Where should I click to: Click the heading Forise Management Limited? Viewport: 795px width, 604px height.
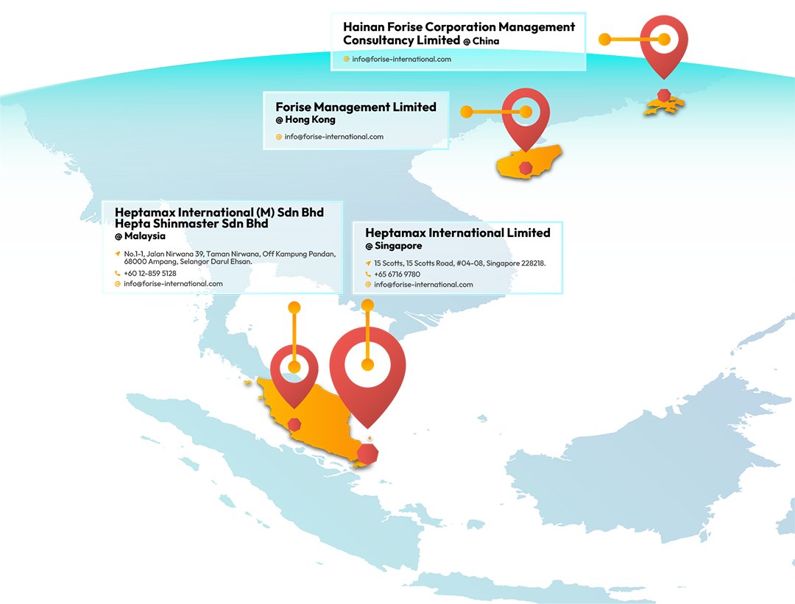click(356, 107)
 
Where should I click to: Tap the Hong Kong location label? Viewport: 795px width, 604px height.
click(305, 120)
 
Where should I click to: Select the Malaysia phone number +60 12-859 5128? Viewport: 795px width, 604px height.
click(150, 274)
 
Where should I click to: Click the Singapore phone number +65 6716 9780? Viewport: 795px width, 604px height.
click(397, 274)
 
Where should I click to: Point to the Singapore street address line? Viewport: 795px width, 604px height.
click(459, 263)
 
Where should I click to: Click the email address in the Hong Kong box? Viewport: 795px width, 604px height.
click(333, 137)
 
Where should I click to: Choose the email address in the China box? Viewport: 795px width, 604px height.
click(401, 59)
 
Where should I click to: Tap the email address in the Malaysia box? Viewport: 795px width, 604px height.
click(173, 284)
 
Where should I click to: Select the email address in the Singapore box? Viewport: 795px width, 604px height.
click(423, 285)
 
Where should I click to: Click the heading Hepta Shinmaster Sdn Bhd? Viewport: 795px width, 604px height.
click(191, 224)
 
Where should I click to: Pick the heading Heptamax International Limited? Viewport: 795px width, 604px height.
click(457, 233)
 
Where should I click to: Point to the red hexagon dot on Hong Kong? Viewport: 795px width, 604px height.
click(664, 94)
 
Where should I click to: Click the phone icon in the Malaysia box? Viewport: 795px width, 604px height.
click(117, 274)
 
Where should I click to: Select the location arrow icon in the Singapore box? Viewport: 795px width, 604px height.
click(368, 263)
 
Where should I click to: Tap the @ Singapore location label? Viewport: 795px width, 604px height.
click(394, 246)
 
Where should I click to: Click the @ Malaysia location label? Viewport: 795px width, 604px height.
click(140, 237)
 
